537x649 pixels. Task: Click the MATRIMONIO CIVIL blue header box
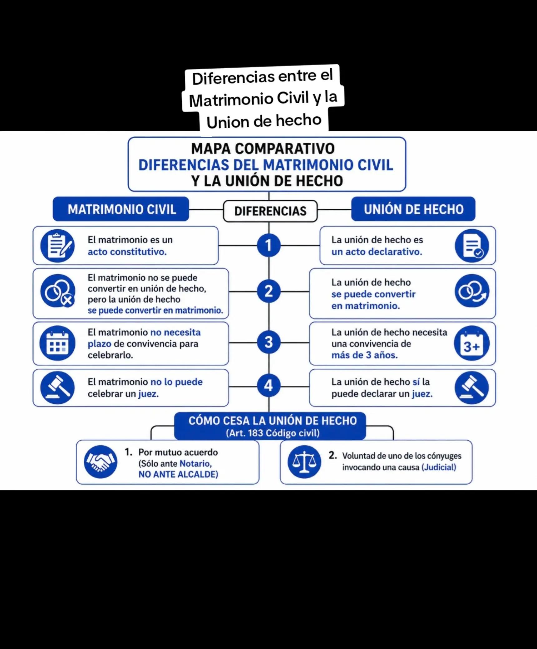[x=121, y=209]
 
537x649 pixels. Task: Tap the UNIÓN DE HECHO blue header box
[x=413, y=209]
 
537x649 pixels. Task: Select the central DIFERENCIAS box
[x=270, y=211]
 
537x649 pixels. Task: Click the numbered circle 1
[x=269, y=245]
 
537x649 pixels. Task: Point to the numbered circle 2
[x=269, y=291]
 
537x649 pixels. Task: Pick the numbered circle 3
[x=269, y=342]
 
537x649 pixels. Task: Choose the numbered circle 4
[x=269, y=386]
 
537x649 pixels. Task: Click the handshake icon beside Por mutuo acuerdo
[x=101, y=462]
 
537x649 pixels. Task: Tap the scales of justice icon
[x=304, y=462]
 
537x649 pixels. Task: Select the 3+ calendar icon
[x=472, y=343]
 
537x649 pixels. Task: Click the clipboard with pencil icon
[x=57, y=246]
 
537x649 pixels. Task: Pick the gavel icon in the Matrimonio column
[x=57, y=388]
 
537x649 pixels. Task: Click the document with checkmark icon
[x=472, y=246]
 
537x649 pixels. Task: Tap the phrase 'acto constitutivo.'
[x=127, y=252]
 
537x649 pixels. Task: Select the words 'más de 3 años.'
[x=365, y=355]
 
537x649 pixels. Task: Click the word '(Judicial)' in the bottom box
[x=439, y=467]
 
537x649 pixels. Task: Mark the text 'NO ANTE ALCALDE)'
[x=178, y=474]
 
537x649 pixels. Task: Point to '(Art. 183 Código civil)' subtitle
[x=273, y=433]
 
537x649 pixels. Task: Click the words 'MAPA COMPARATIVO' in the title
[x=263, y=149]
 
